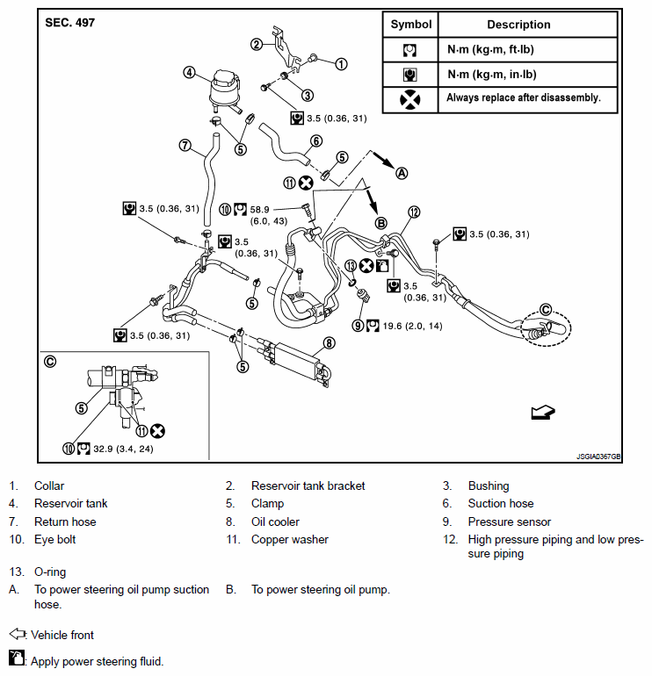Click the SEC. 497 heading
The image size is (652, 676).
[x=70, y=22]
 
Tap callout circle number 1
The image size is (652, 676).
[x=341, y=63]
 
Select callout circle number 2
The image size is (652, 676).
[x=257, y=44]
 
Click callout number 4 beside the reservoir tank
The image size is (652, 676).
[x=189, y=72]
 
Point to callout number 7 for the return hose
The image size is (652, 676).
[x=185, y=145]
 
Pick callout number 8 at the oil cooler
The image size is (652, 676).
[x=329, y=343]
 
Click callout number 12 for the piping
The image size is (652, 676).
[x=414, y=212]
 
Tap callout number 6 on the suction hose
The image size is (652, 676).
[x=316, y=140]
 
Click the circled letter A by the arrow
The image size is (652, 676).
[x=402, y=173]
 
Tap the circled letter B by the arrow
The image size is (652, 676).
[x=381, y=223]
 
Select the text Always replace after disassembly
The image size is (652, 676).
[x=524, y=98]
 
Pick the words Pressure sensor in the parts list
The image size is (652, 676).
[x=510, y=521]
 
